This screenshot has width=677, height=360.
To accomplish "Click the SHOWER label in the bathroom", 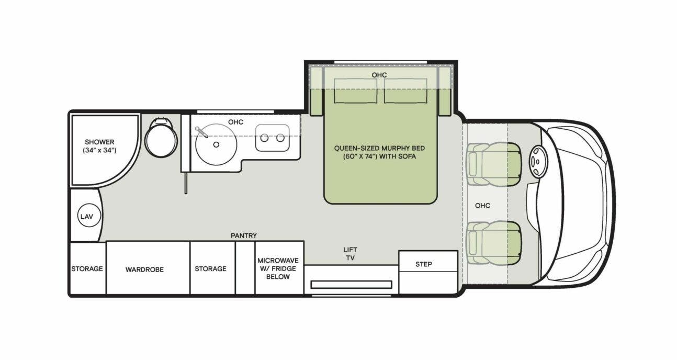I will [99, 142].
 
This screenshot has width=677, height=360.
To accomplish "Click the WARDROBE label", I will [144, 269].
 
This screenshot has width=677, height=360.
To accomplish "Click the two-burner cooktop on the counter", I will [273, 138].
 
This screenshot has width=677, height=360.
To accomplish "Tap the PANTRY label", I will [244, 236].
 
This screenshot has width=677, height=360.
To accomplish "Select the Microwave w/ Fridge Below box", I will [278, 268].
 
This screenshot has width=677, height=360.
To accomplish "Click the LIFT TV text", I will [351, 254].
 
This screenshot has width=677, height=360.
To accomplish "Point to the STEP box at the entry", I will [424, 264].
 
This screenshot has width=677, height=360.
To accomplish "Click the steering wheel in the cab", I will [538, 161].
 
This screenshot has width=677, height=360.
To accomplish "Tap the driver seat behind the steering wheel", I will [494, 164].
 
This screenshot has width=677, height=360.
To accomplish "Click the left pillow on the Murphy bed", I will [356, 91].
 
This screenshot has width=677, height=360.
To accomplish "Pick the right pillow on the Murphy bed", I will [405, 91].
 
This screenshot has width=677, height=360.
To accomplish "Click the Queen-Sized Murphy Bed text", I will [379, 152].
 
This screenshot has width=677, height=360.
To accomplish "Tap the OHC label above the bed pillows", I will [379, 75].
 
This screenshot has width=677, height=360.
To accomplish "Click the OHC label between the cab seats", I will [482, 206].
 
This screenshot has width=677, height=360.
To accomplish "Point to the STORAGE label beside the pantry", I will [210, 269].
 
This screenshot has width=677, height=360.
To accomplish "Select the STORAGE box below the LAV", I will [87, 269].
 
